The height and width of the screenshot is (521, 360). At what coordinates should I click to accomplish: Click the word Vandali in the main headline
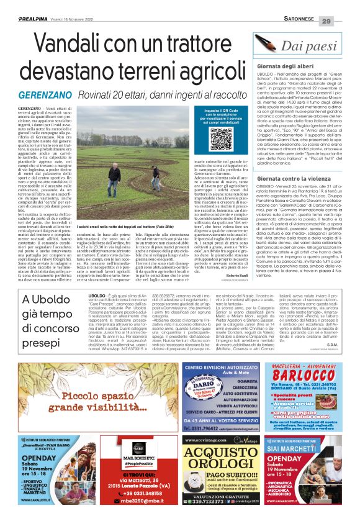(73, 45)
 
